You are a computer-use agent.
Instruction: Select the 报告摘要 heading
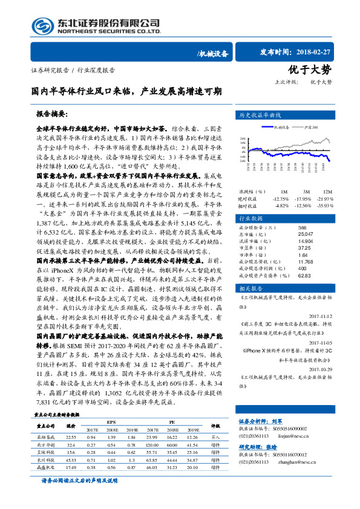tap(53, 113)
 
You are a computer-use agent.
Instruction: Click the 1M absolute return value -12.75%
tap(282, 198)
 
